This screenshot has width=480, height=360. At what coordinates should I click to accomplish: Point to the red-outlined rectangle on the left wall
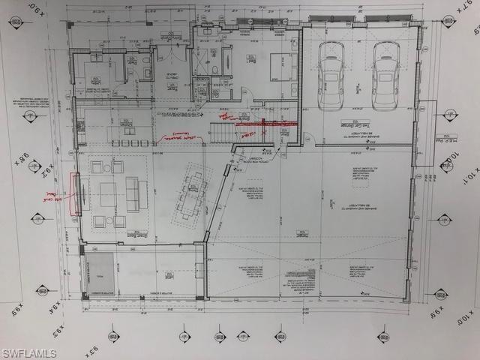74,193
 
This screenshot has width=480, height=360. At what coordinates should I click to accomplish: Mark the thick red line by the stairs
267,123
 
